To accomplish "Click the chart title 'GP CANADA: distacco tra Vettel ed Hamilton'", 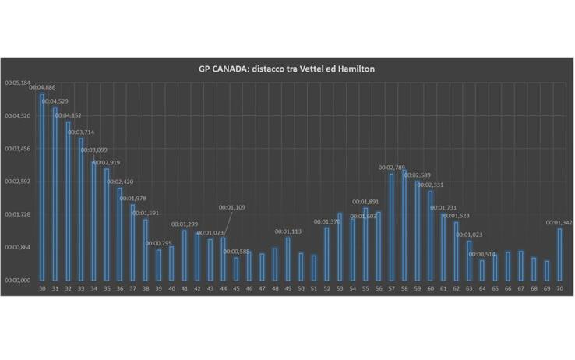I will point(287,69).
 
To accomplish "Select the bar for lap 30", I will point(42,187).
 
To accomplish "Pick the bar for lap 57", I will point(391,226).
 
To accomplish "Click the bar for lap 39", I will point(159,264).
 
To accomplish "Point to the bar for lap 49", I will point(287,258).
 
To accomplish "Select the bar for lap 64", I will point(482,270).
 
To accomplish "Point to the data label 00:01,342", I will point(559,223).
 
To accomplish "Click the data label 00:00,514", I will point(482,254).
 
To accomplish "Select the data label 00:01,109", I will point(233,207).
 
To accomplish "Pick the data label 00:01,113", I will point(288,231).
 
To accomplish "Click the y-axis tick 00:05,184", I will point(17,83).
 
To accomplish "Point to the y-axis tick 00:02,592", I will point(17,182).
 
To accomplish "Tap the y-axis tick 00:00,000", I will point(17,280).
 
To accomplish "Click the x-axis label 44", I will point(223,288).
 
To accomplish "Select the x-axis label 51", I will point(313,288).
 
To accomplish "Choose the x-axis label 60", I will point(430,288).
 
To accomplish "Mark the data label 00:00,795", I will point(159,244).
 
